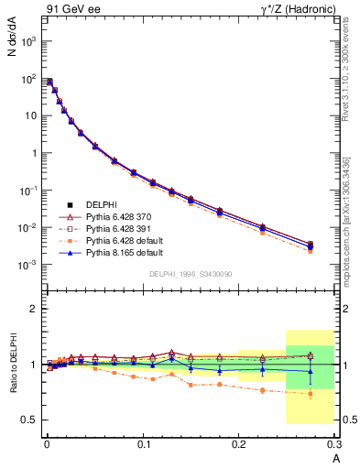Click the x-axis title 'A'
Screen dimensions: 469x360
point(335,458)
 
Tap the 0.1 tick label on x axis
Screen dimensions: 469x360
point(143,444)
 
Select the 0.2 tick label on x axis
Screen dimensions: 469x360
point(240,444)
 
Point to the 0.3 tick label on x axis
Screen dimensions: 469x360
point(335,444)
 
